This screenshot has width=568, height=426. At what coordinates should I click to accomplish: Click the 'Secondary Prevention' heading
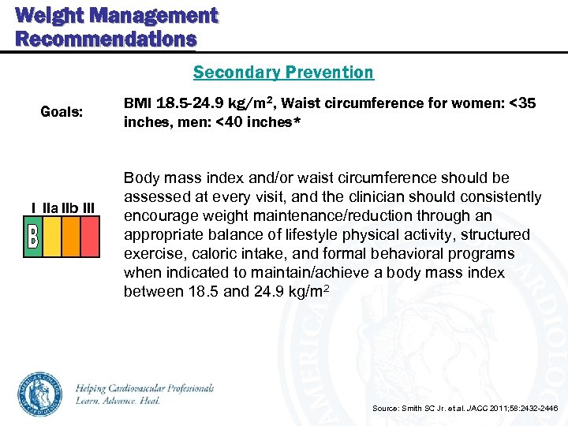coord(283,73)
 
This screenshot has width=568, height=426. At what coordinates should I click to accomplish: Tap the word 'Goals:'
coord(62,112)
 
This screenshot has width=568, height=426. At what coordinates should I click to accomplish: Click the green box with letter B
coord(33,237)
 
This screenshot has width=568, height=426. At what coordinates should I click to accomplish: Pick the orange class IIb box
coord(71,237)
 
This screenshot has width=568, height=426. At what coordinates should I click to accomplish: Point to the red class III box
coord(90,237)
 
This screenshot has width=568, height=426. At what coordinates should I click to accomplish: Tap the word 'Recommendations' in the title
coord(105,39)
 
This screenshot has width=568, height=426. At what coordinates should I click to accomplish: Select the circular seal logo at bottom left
coord(40,394)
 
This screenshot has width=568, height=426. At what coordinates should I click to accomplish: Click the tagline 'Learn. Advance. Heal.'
coord(118,401)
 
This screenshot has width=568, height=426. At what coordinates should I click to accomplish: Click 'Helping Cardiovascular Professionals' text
coord(145,388)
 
